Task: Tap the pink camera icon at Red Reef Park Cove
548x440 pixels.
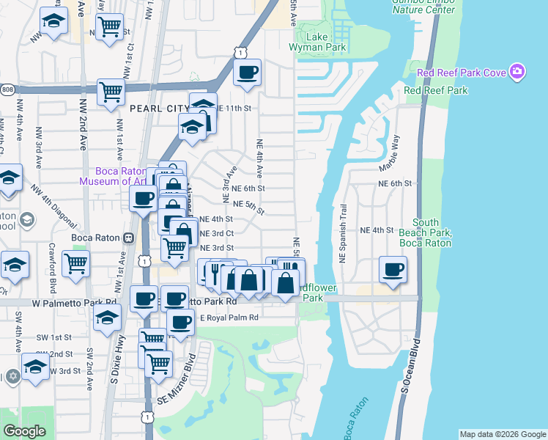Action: (518, 72)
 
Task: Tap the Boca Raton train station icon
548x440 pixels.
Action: (128, 237)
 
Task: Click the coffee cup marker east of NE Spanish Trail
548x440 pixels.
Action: (393, 269)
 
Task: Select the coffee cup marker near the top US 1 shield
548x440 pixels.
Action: (247, 72)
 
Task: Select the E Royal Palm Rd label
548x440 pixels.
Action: (229, 318)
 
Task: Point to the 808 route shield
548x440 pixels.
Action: (7, 89)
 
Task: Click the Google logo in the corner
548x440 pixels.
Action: (24, 431)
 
